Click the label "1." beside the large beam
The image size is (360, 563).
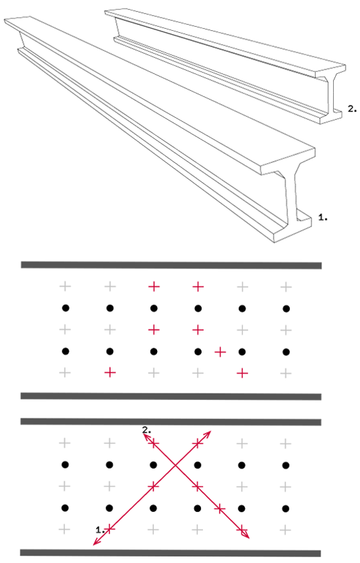(x=323, y=217)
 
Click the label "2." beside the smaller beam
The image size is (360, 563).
(x=352, y=109)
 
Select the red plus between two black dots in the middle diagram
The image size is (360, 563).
(x=220, y=352)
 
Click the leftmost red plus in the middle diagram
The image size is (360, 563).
(x=110, y=372)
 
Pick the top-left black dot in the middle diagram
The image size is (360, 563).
(x=65, y=308)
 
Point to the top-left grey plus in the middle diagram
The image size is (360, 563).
(x=65, y=286)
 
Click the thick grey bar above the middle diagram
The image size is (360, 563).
(x=171, y=265)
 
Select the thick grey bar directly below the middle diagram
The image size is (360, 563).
(x=171, y=397)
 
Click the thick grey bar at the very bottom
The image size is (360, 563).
(x=170, y=553)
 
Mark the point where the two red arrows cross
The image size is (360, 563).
(x=175, y=465)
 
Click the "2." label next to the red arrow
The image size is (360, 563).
(x=147, y=429)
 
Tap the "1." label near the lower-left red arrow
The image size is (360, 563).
(x=101, y=530)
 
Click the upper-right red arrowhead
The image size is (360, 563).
(x=207, y=434)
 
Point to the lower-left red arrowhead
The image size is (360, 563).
(x=97, y=541)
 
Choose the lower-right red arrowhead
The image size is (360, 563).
(x=245, y=535)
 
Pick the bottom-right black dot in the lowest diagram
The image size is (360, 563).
(x=285, y=509)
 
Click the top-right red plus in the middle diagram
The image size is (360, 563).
(x=198, y=286)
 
